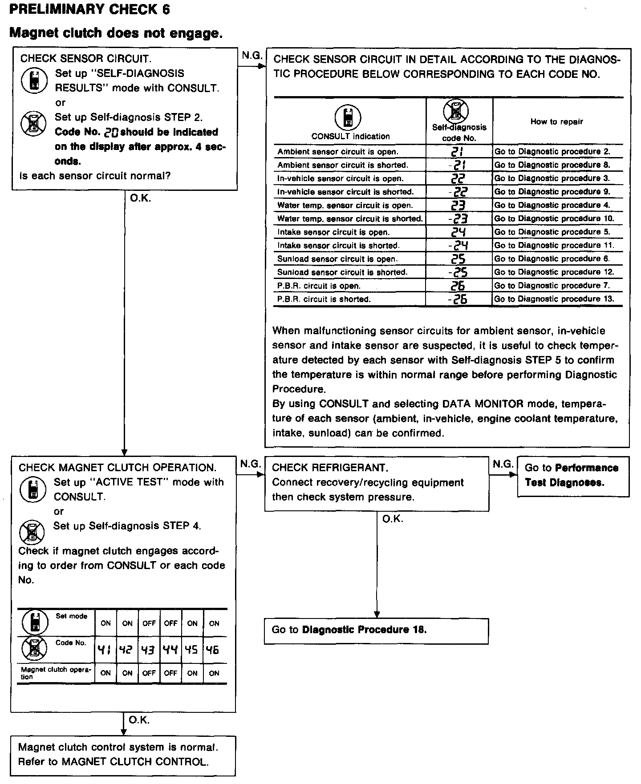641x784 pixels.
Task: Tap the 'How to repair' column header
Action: pyautogui.click(x=556, y=121)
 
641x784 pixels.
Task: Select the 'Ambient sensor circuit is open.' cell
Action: pyautogui.click(x=337, y=152)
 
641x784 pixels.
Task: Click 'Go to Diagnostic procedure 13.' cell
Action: pyautogui.click(x=554, y=299)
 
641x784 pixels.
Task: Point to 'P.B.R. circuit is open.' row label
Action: pyautogui.click(x=319, y=286)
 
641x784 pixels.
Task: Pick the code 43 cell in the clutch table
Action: pyautogui.click(x=149, y=650)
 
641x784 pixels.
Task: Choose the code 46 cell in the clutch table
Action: pyautogui.click(x=214, y=650)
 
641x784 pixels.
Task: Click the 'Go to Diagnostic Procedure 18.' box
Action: pyautogui.click(x=376, y=630)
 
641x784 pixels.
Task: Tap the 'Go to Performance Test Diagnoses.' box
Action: pyautogui.click(x=573, y=475)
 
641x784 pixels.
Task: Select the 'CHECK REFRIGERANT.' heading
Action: pyautogui.click(x=330, y=468)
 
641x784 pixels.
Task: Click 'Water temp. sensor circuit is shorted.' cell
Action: pyautogui.click(x=349, y=219)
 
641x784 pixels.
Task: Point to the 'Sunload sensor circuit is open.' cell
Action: pyautogui.click(x=337, y=259)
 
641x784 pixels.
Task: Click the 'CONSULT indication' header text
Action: pyautogui.click(x=350, y=137)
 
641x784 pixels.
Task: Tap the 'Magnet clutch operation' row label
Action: pyautogui.click(x=56, y=673)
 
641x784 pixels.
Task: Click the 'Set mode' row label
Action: pyautogui.click(x=71, y=616)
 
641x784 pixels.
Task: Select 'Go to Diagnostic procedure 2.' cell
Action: pyautogui.click(x=552, y=152)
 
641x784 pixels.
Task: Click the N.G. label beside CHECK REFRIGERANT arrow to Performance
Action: pyautogui.click(x=503, y=465)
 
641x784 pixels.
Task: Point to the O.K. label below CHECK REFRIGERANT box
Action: pyautogui.click(x=393, y=519)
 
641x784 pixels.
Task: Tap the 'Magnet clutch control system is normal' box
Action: pyautogui.click(x=123, y=755)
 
